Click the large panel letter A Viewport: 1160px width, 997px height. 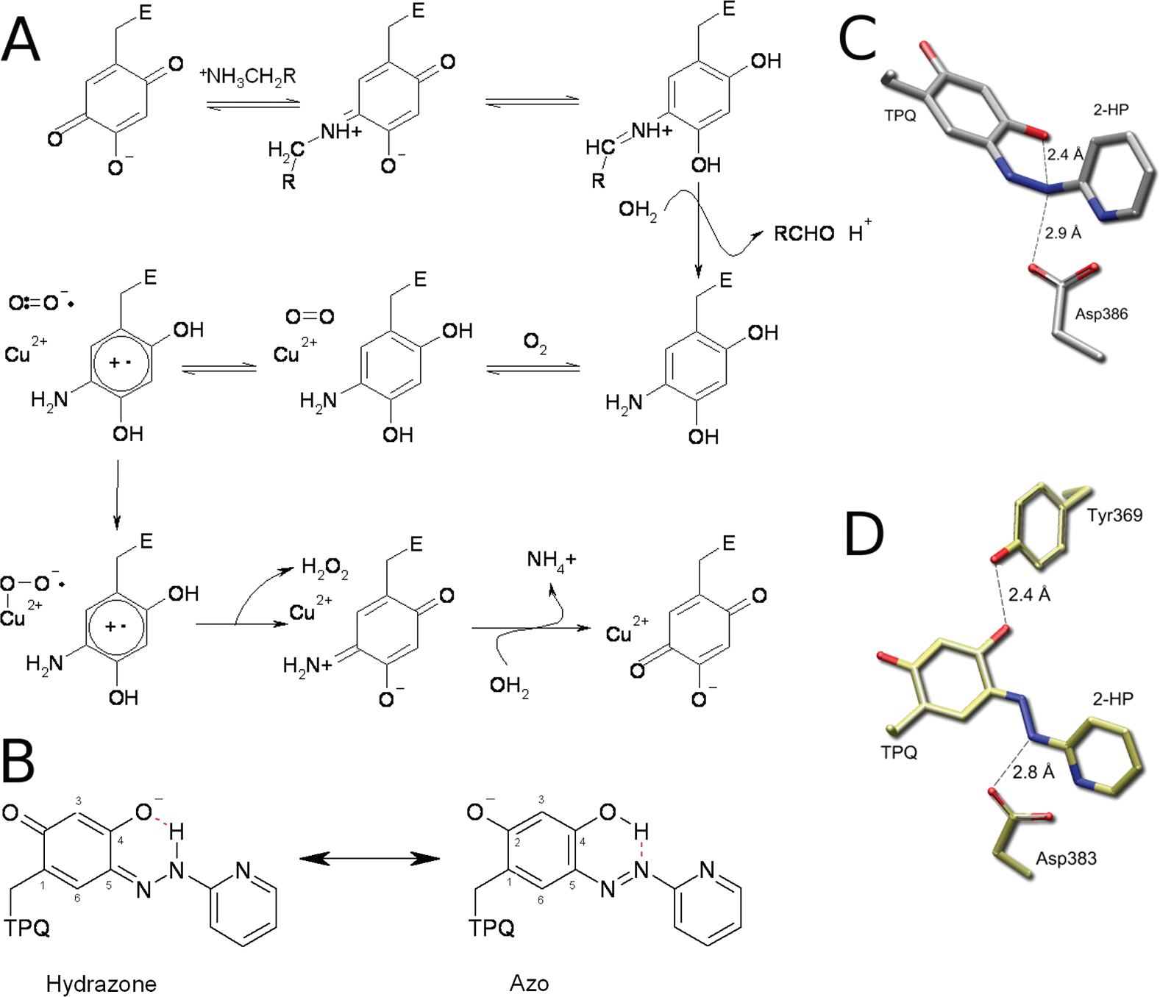click(21, 40)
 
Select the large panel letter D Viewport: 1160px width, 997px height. click(864, 535)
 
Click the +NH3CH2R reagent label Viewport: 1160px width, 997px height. click(247, 76)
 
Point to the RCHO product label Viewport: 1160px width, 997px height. click(804, 235)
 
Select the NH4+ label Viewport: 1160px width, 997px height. click(551, 560)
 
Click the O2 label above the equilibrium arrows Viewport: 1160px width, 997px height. click(535, 343)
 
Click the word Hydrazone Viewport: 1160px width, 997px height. click(101, 984)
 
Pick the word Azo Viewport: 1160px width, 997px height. click(529, 984)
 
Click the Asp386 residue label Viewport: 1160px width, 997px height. click(1101, 314)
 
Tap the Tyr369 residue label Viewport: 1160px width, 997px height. click(1114, 515)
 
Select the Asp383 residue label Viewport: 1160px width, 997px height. click(1066, 858)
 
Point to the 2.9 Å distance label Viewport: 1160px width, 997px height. click(1063, 233)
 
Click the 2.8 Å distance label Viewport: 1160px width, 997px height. click(1033, 772)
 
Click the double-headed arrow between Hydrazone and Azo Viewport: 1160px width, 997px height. click(369, 858)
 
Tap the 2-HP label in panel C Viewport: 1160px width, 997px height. click(1110, 110)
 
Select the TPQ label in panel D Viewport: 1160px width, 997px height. click(899, 752)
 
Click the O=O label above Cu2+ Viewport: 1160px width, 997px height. click(310, 317)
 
